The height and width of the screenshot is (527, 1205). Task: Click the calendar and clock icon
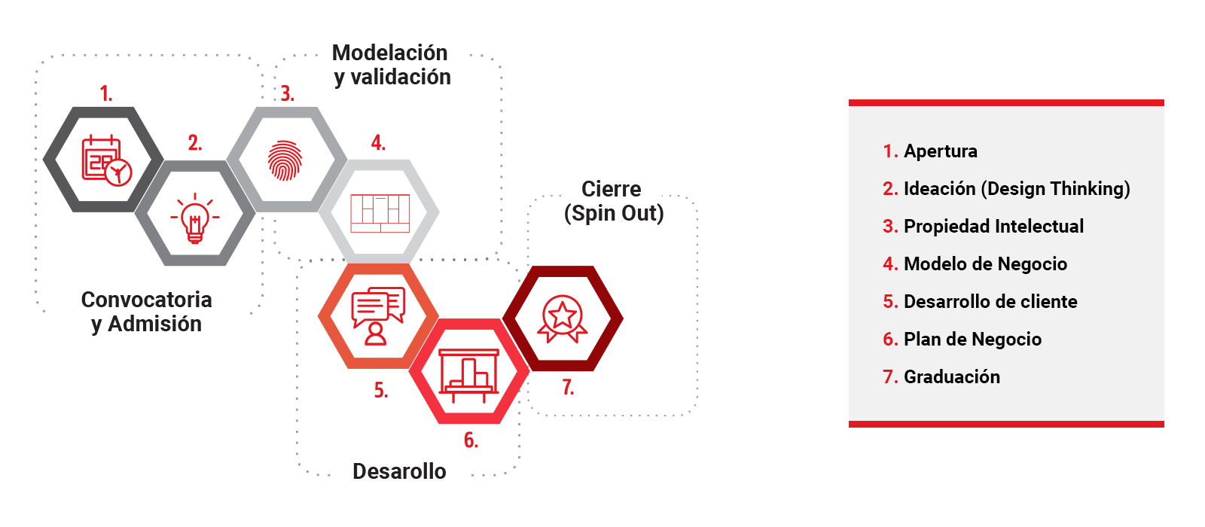105,160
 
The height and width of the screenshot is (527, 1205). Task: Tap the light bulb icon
195,217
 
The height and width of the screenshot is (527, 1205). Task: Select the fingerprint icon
285,160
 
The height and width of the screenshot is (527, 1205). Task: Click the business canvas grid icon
380,213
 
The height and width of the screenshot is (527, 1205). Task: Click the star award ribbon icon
562,318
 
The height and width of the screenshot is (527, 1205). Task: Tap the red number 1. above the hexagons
106,94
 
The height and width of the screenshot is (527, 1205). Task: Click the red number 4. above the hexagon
378,143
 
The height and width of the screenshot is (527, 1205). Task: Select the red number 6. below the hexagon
471,440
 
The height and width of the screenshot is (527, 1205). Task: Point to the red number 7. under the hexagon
568,388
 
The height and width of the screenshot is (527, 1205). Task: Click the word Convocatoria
146,300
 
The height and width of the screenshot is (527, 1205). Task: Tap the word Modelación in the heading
389,53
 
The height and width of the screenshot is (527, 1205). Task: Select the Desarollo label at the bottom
399,471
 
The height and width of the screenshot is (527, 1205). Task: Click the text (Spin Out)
614,213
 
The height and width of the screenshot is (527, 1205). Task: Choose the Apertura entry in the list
940,151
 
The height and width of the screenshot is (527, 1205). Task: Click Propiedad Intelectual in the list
993,227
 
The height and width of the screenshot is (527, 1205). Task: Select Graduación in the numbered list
952,377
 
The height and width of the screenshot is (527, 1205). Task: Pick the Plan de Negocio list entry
972,340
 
